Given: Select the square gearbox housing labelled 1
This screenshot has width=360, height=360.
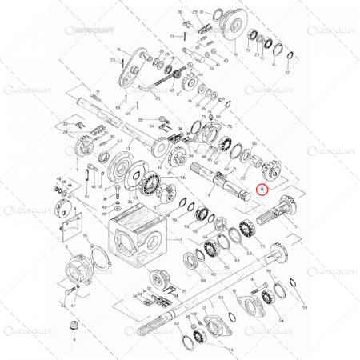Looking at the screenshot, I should [136, 237].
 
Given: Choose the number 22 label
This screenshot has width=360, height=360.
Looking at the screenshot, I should [242, 178].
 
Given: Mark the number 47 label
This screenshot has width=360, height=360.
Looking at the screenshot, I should [73, 305].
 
